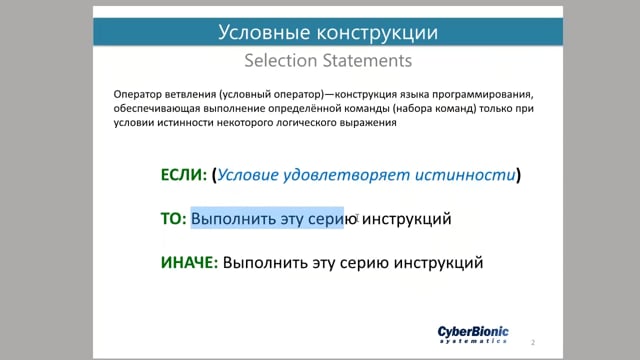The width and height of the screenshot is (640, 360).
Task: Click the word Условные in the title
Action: (x=264, y=32)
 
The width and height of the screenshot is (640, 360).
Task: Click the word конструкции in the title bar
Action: (x=378, y=32)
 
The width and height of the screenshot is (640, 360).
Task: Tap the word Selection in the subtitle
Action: (x=281, y=60)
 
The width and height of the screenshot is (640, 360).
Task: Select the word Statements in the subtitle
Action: (x=367, y=60)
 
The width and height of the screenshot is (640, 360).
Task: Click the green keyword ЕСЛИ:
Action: (x=184, y=175)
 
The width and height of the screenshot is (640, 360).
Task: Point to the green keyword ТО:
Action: (x=173, y=218)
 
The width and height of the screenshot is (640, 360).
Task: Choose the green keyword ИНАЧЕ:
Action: (x=189, y=262)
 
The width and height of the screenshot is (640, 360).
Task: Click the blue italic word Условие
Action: (x=248, y=175)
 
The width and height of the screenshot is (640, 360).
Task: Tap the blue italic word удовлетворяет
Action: (x=347, y=175)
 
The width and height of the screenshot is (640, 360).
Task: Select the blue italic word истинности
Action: (x=465, y=175)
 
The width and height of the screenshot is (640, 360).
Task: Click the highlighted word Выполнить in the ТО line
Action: (x=233, y=218)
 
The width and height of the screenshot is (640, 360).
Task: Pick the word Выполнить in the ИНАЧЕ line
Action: (x=265, y=262)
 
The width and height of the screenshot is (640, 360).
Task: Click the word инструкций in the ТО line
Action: (x=407, y=219)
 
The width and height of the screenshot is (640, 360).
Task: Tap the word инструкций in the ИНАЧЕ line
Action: (x=438, y=263)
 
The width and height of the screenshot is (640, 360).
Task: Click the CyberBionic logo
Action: (x=473, y=334)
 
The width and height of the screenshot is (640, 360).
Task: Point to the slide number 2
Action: (x=533, y=342)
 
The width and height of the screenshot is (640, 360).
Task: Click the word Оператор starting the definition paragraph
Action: (x=138, y=94)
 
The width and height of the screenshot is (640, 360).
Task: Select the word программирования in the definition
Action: (x=483, y=95)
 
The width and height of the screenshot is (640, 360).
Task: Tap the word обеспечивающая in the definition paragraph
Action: (x=157, y=109)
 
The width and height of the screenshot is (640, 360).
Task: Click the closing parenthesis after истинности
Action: (x=519, y=175)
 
